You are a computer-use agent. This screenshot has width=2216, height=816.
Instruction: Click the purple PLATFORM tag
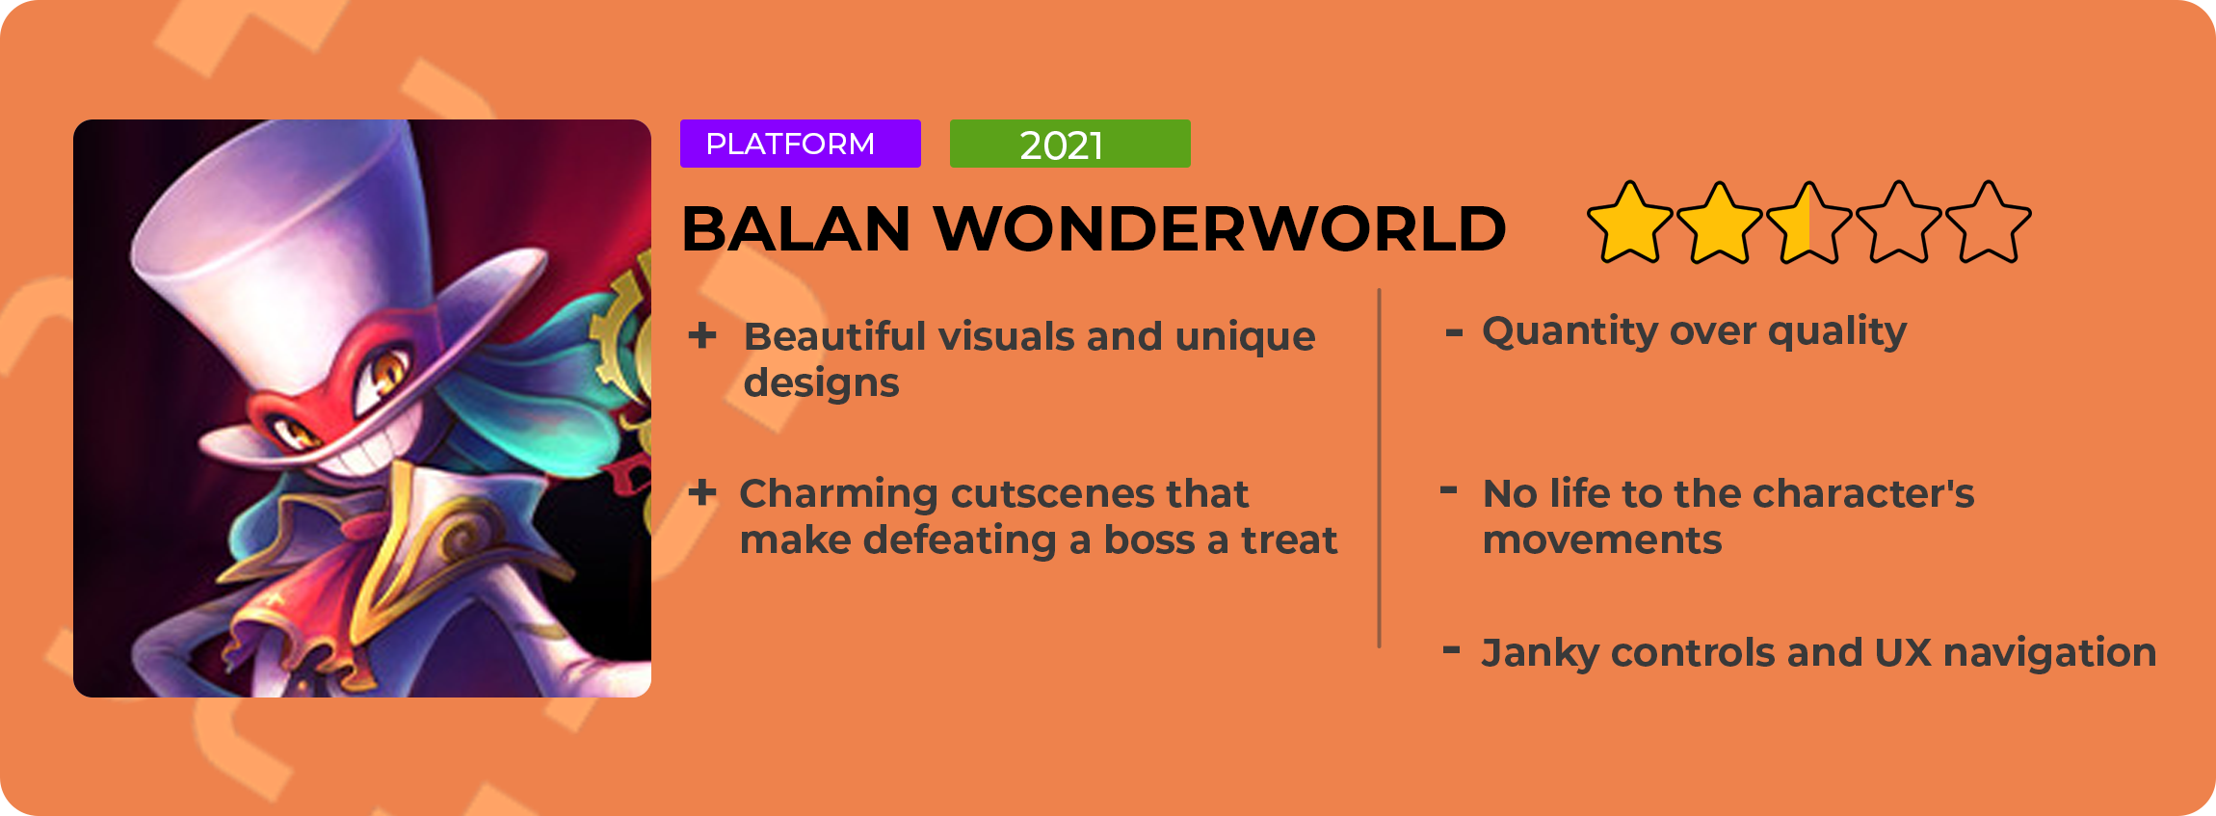pos(800,144)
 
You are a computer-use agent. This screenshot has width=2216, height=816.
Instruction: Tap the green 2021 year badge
pos(1069,144)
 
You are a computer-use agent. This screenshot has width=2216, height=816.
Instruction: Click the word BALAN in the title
pos(796,229)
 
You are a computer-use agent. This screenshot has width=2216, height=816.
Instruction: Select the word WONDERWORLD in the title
pos(1220,229)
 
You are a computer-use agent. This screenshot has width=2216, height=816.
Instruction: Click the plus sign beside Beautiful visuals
pos(702,335)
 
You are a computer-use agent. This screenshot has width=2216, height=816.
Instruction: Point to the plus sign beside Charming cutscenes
pos(702,492)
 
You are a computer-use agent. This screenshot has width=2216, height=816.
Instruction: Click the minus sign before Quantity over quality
pos(1454,333)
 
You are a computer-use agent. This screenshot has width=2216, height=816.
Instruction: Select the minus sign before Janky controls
pos(1451,650)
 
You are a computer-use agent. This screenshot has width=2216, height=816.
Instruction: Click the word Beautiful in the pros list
pos(833,336)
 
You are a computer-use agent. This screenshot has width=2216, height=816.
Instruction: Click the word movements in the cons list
pos(1601,540)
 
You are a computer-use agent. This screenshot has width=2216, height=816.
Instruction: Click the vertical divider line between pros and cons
pos(1380,468)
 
